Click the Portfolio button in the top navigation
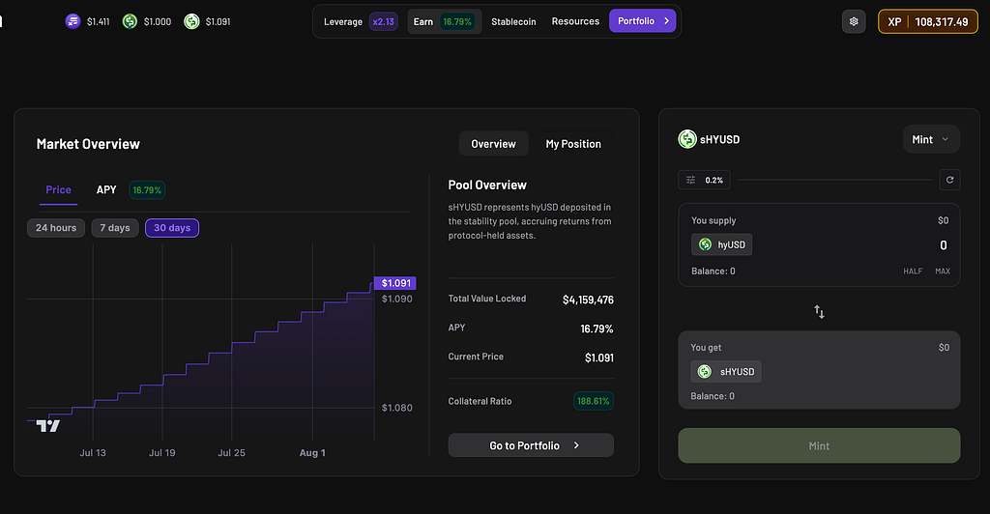click(x=642, y=21)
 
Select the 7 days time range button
click(x=115, y=228)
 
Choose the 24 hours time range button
click(x=55, y=228)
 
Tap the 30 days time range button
click(x=172, y=228)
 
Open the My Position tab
click(x=573, y=144)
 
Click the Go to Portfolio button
click(x=531, y=445)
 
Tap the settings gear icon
click(x=854, y=21)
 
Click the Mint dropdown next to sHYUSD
click(x=931, y=139)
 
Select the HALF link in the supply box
click(x=913, y=271)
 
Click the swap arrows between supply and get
click(x=819, y=311)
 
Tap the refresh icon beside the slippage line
click(x=949, y=180)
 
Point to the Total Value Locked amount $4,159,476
click(x=588, y=300)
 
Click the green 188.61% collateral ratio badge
click(x=594, y=401)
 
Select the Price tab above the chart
click(x=58, y=189)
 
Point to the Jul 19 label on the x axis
click(x=162, y=453)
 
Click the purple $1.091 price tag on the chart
click(x=395, y=283)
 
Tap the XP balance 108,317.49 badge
click(x=928, y=21)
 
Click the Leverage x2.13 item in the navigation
click(x=361, y=21)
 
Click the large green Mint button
click(x=819, y=446)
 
